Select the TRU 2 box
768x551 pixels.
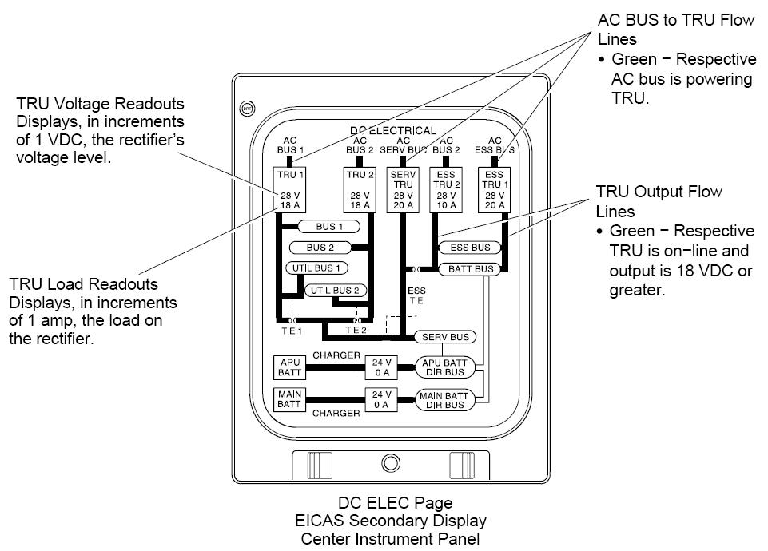pyautogui.click(x=360, y=190)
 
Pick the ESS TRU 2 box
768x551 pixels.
pyautogui.click(x=445, y=190)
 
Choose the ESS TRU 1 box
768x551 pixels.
pyautogui.click(x=495, y=190)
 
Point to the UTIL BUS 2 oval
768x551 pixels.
pyautogui.click(x=335, y=290)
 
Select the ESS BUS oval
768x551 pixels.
pyautogui.click(x=470, y=248)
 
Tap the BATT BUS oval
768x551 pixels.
pyautogui.click(x=470, y=269)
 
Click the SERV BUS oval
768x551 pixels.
pyautogui.click(x=445, y=337)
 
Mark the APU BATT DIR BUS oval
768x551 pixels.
pyautogui.click(x=444, y=368)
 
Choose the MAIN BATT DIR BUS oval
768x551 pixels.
pyautogui.click(x=444, y=399)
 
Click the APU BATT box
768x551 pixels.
pyautogui.click(x=287, y=367)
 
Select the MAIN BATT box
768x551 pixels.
pyautogui.click(x=287, y=399)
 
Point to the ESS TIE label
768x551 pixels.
pyautogui.click(x=416, y=295)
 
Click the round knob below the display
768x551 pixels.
pyautogui.click(x=390, y=463)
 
